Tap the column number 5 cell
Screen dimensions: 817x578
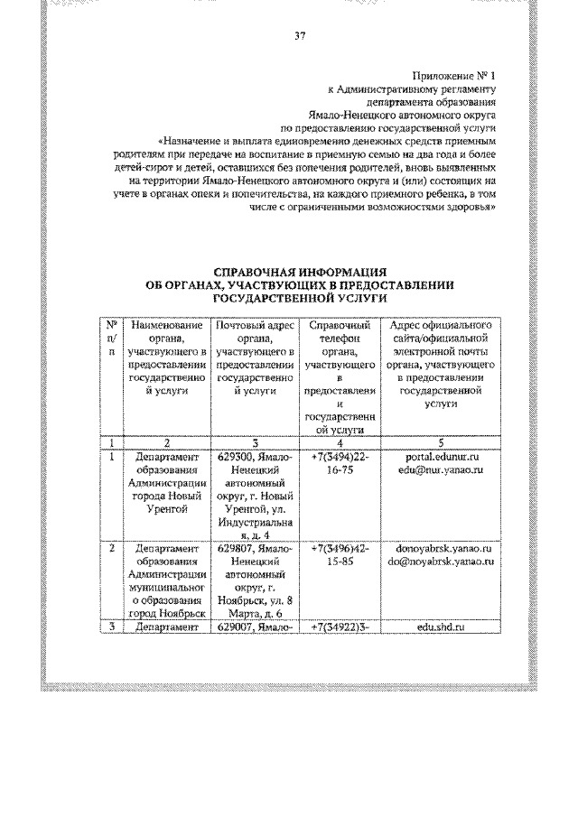pos(441,443)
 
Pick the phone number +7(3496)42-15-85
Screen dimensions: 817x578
pos(339,554)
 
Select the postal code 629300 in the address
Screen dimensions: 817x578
pos(238,458)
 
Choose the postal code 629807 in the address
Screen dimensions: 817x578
pos(238,548)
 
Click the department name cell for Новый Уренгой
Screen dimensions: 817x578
pos(166,483)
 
